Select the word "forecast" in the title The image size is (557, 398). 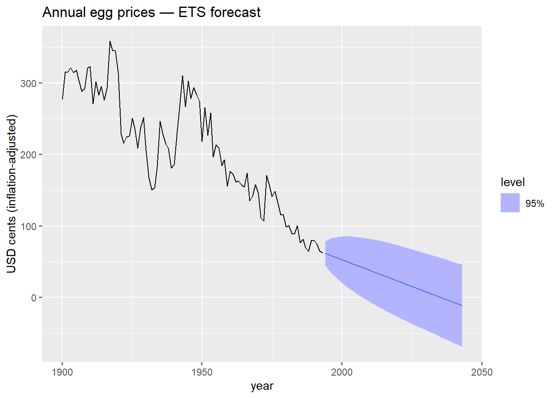click(x=235, y=12)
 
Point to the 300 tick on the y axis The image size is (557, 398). click(x=29, y=83)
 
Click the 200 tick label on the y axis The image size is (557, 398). click(x=29, y=155)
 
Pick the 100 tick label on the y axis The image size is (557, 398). click(x=29, y=226)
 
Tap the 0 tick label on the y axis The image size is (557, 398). click(x=34, y=298)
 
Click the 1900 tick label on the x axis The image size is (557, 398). click(x=62, y=372)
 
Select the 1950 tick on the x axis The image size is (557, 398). click(x=202, y=372)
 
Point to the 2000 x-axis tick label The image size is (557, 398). click(x=342, y=372)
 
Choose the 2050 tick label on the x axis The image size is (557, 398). click(x=482, y=372)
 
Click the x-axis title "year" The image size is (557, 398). click(x=262, y=386)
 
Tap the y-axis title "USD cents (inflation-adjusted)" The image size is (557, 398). click(x=12, y=194)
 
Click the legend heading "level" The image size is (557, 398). click(x=513, y=182)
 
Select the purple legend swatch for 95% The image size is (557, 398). click(x=510, y=203)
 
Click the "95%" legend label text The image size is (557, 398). click(x=535, y=204)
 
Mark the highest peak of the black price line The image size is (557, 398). click(x=110, y=41)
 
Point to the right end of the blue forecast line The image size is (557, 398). click(x=462, y=306)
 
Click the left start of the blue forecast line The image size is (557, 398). click(x=325, y=253)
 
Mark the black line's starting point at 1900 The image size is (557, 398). click(x=63, y=99)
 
